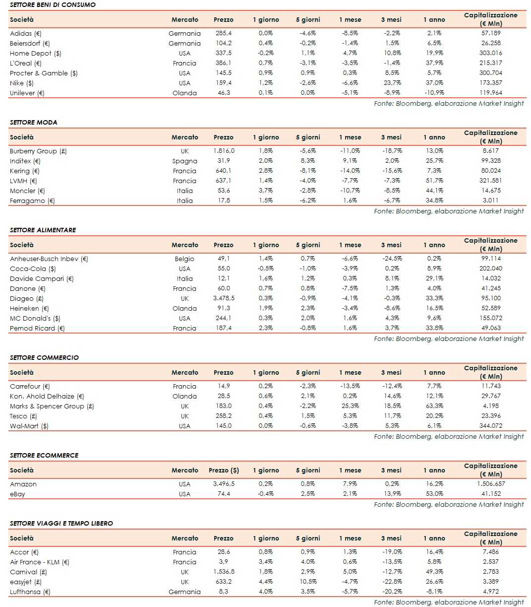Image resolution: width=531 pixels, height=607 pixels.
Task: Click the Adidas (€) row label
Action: (26, 33)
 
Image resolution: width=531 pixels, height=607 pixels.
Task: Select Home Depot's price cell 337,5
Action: (223, 53)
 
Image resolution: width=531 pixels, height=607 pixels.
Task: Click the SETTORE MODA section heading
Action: (34, 122)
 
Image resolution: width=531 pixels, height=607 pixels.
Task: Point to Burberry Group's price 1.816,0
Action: (224, 151)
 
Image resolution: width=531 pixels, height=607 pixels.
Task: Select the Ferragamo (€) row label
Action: (32, 201)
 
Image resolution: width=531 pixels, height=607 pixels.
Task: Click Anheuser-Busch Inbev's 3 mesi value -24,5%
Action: (392, 259)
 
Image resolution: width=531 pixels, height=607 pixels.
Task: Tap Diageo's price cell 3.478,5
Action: (224, 298)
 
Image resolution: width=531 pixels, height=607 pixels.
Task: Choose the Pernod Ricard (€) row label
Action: (37, 328)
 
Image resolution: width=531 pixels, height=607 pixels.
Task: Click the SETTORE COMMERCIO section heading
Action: (44, 357)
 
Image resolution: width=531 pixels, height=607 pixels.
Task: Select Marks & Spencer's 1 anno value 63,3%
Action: (434, 406)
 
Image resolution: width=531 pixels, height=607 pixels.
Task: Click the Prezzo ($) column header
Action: (224, 470)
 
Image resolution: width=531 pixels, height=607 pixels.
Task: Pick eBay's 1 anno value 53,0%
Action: (434, 494)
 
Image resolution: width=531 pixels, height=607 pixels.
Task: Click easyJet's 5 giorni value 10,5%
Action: (308, 582)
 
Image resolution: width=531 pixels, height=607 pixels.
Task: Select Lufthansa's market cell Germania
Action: (184, 592)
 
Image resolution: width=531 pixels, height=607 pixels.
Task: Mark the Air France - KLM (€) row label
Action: (40, 562)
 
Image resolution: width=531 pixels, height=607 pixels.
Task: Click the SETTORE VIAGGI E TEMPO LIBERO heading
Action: (61, 523)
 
